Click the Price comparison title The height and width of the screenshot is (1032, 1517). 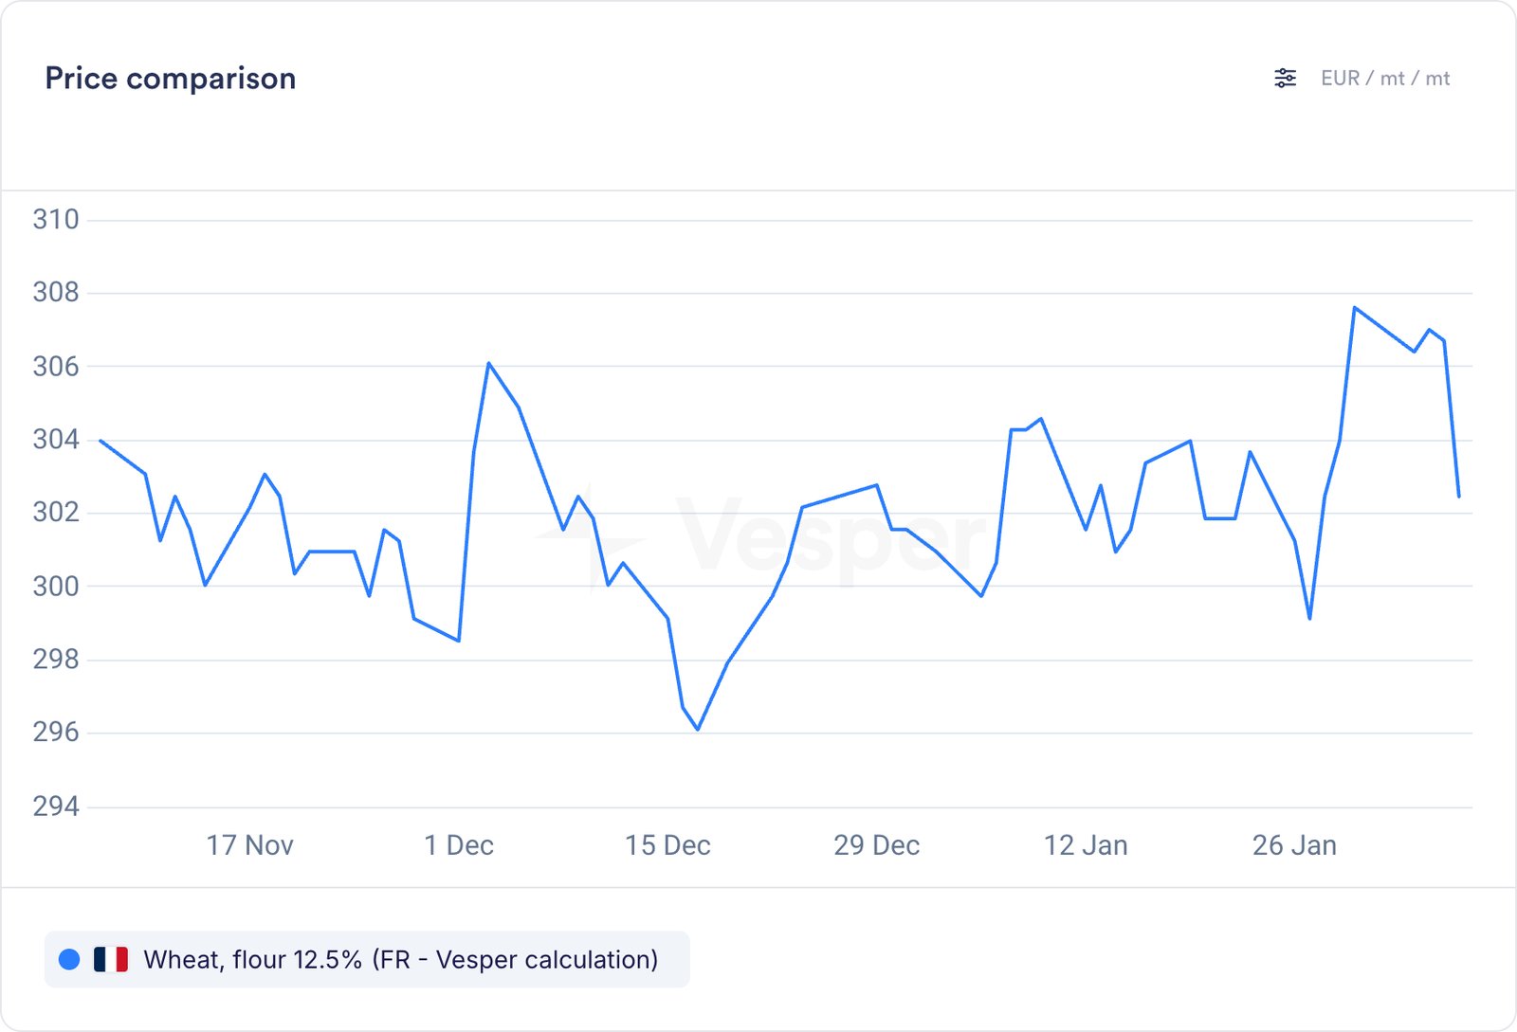(x=171, y=79)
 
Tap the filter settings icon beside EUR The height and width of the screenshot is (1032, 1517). (x=1285, y=79)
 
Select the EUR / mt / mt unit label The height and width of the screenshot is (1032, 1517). (x=1385, y=79)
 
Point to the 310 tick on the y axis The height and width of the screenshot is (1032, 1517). (x=56, y=220)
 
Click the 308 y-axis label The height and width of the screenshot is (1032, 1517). (x=56, y=293)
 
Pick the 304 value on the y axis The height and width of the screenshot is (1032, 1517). (x=56, y=440)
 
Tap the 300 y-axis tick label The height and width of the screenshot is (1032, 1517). (x=56, y=587)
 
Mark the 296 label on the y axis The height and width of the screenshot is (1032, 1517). (x=56, y=733)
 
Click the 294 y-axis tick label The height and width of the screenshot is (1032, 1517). (x=56, y=806)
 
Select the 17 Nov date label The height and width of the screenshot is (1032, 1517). (x=250, y=845)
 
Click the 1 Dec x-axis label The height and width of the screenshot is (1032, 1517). (x=459, y=845)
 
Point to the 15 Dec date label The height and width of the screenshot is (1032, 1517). (x=667, y=845)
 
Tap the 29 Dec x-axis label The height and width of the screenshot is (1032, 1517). (x=877, y=845)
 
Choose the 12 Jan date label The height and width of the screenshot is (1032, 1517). (x=1086, y=845)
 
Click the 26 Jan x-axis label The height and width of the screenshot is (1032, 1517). (x=1294, y=845)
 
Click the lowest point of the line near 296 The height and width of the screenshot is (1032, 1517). (x=698, y=730)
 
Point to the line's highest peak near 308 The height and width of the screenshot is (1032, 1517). (x=1355, y=307)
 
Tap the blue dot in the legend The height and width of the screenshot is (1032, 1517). (x=69, y=960)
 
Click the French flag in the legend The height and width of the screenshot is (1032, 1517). (x=111, y=960)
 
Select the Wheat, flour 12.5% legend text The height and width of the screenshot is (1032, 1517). (x=400, y=960)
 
